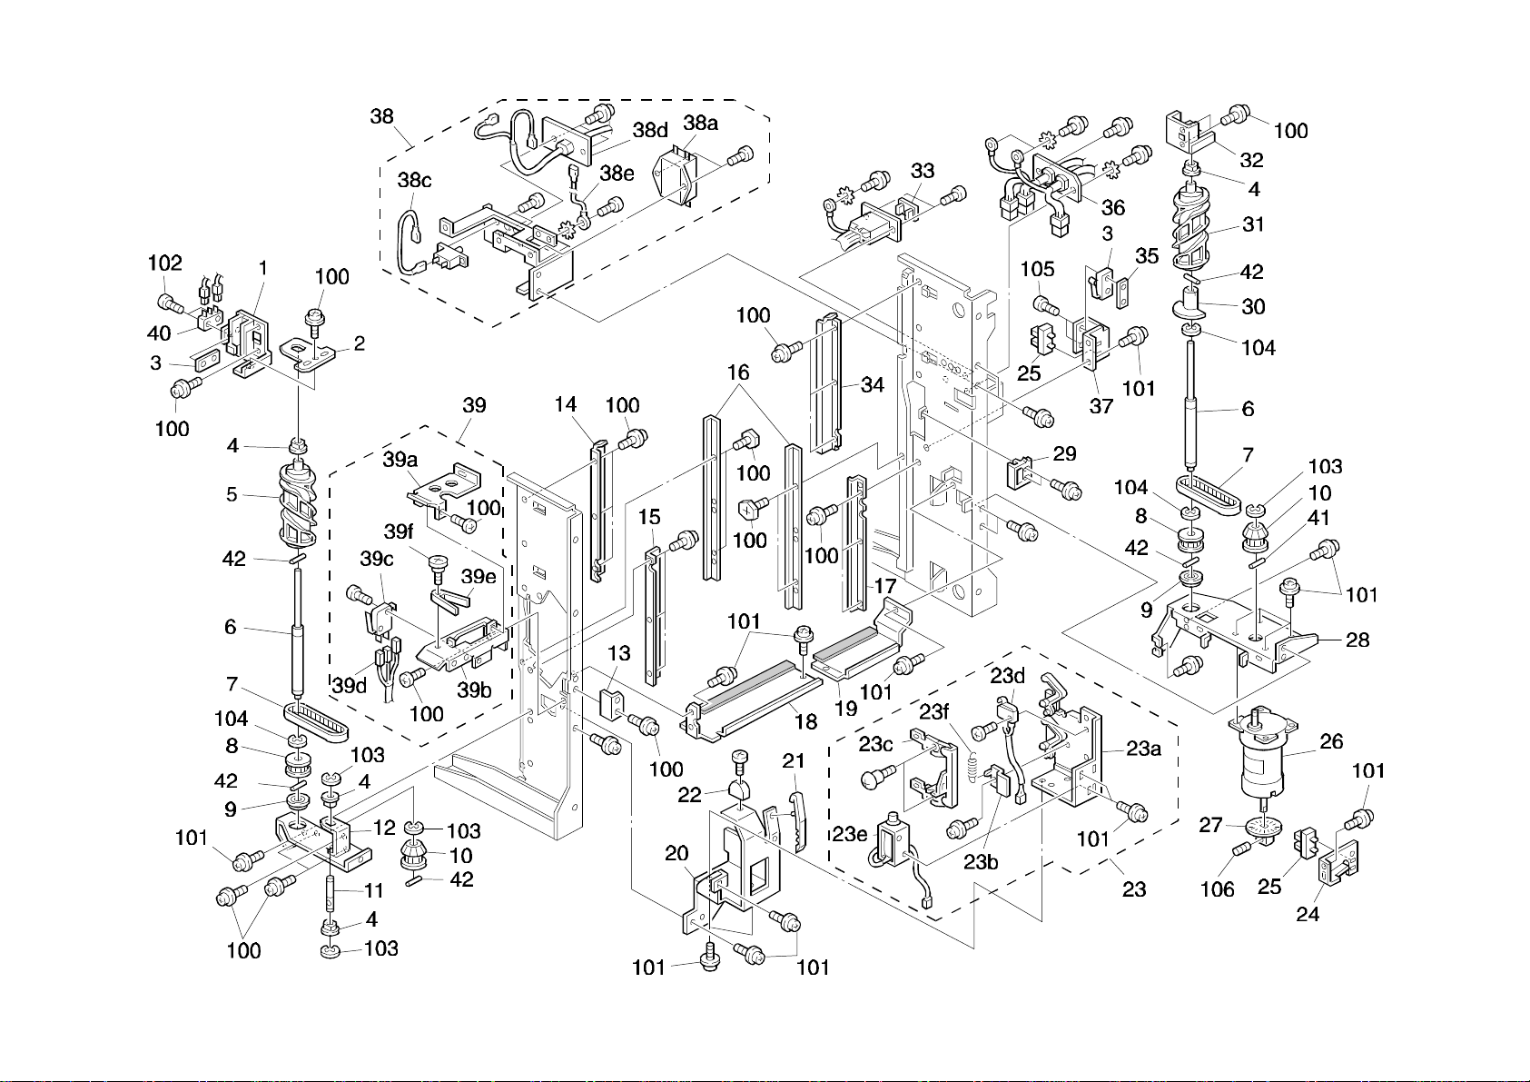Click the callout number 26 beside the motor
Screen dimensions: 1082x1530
click(1331, 741)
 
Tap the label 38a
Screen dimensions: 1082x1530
click(700, 123)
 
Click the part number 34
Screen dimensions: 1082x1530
click(873, 385)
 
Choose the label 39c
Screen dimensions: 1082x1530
click(376, 559)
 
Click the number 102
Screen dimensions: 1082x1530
click(165, 263)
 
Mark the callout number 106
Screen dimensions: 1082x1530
click(1218, 889)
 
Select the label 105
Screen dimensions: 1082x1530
click(1037, 269)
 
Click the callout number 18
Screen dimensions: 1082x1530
click(805, 721)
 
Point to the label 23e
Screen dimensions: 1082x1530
click(851, 834)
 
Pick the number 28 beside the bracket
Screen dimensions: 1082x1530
click(1357, 640)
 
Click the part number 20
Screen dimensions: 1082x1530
click(676, 853)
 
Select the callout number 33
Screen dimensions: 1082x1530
click(923, 171)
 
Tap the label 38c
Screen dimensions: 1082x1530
click(413, 180)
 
